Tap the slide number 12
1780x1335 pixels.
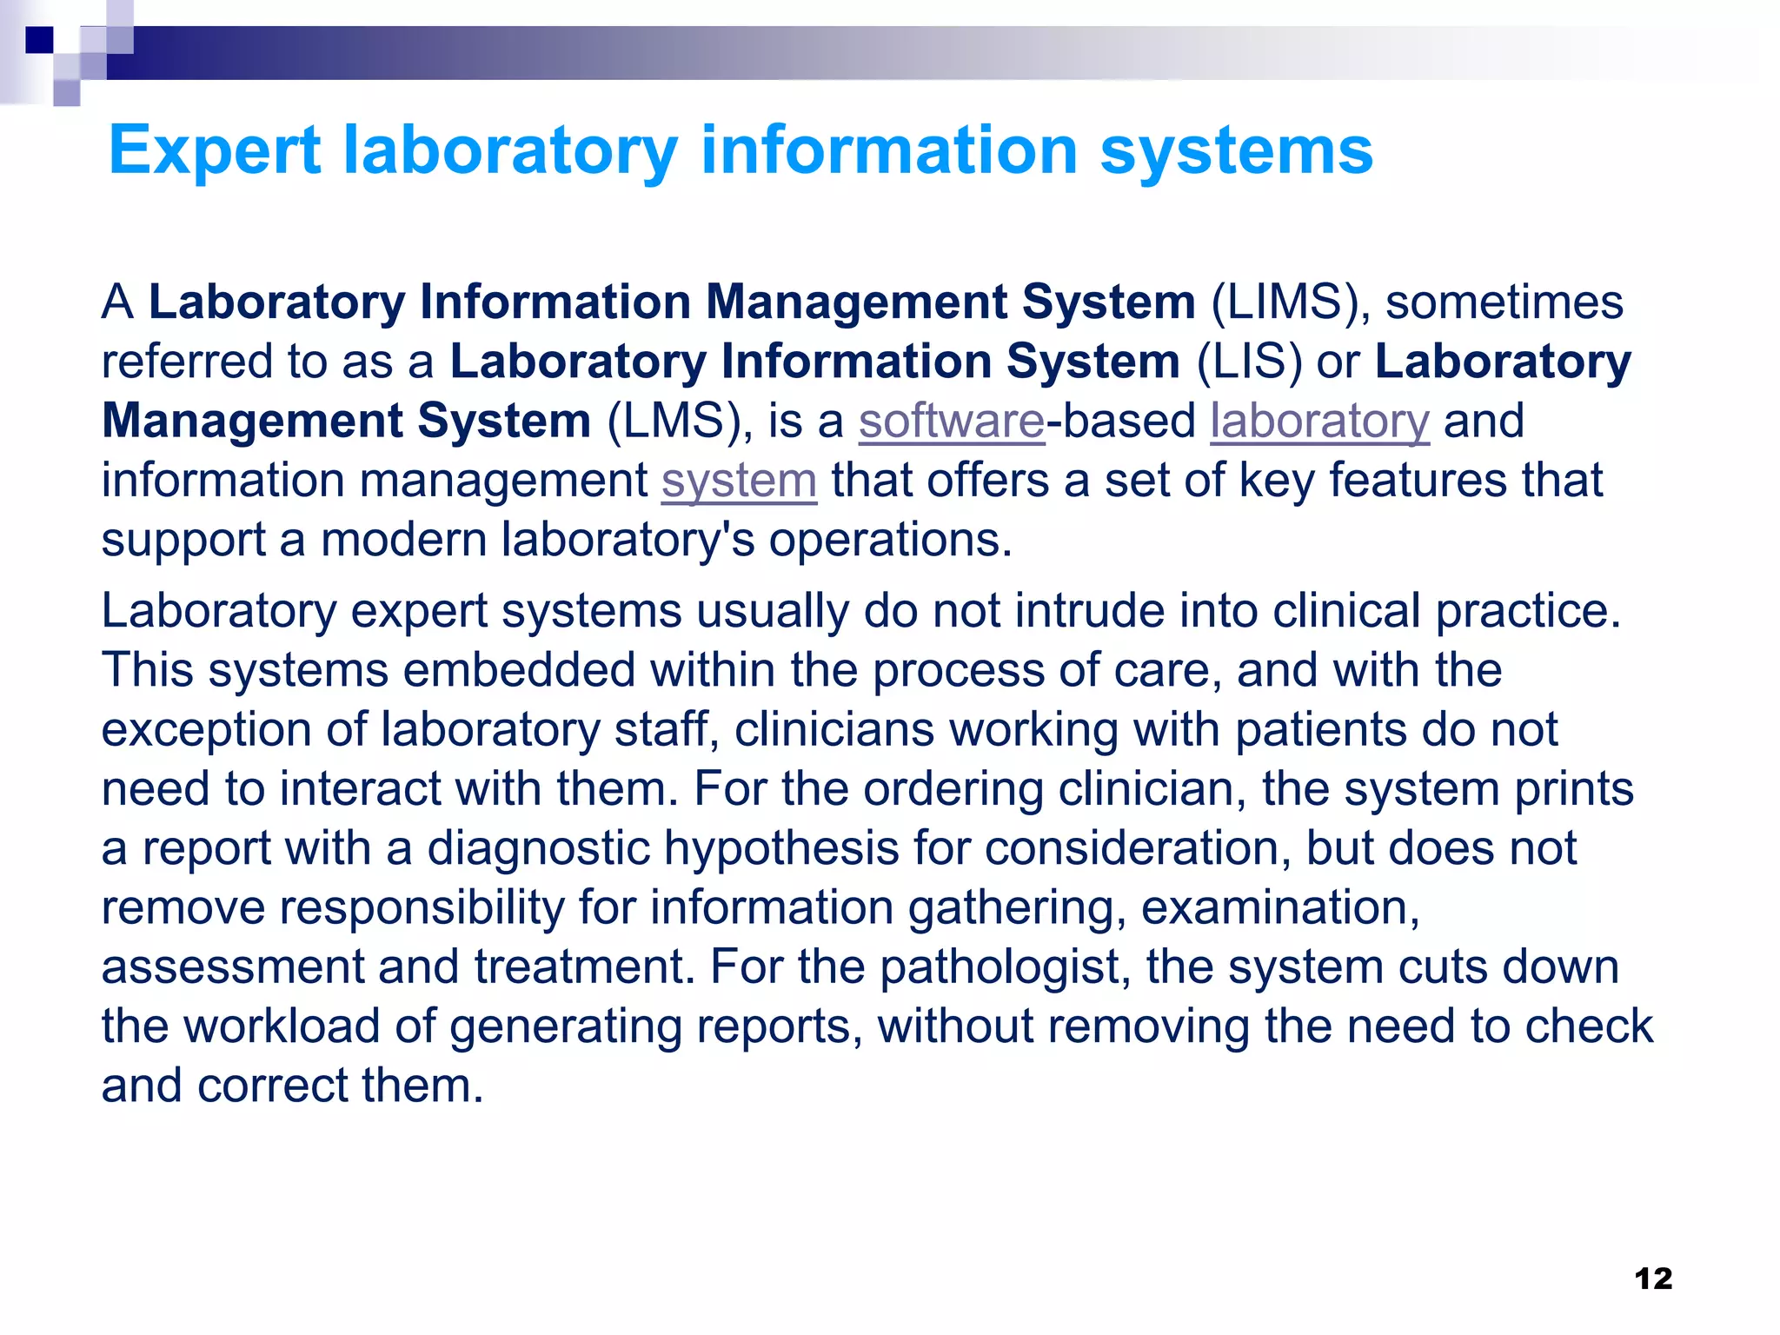pos(1653,1279)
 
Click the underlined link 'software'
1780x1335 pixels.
pos(952,422)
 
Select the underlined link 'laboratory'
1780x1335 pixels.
pos(1319,422)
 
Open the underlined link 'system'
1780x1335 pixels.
pos(739,481)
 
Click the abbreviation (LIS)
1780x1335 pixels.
pos(1249,362)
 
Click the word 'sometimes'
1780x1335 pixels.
pos(1504,302)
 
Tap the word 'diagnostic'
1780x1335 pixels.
pos(538,848)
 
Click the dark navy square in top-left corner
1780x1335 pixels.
pos(39,40)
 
